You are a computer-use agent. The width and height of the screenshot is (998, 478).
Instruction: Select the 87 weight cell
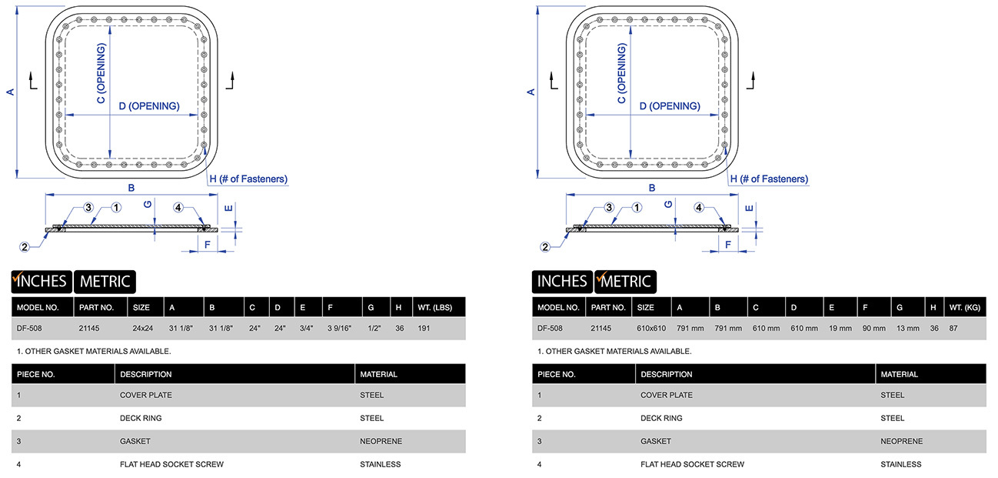[953, 328]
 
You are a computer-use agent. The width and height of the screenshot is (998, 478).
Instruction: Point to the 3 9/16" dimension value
[338, 328]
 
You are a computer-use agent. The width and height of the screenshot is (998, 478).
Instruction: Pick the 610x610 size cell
[650, 328]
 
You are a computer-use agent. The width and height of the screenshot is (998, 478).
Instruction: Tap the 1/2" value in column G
[375, 328]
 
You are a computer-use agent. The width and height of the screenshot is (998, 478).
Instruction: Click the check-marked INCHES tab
[41, 282]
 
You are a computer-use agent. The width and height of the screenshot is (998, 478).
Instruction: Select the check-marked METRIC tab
[624, 282]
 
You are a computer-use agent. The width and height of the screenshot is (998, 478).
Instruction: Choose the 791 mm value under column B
[728, 328]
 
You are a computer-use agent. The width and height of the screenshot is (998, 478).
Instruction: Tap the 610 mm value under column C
[766, 328]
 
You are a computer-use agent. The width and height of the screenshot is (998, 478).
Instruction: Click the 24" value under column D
[280, 328]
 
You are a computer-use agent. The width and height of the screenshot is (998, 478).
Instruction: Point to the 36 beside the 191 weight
[400, 328]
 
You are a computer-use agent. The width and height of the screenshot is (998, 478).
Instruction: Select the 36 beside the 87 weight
[934, 328]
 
